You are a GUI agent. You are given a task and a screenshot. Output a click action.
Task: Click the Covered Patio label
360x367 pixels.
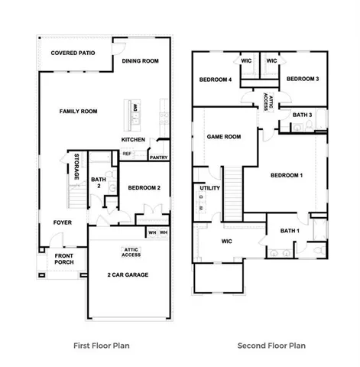(x=72, y=54)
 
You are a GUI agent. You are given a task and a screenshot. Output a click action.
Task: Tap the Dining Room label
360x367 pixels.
(x=140, y=61)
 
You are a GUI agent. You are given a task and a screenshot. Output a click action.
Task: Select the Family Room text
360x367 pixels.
(x=79, y=112)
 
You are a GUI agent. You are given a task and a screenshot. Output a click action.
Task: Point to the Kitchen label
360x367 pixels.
(x=134, y=139)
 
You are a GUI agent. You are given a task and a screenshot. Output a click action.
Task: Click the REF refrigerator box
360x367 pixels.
(x=128, y=154)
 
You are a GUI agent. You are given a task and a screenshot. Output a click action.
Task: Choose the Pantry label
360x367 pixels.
(x=158, y=158)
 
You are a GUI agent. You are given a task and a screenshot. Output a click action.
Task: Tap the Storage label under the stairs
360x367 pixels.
(x=76, y=167)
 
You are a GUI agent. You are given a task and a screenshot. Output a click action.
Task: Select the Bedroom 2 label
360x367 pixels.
(x=144, y=188)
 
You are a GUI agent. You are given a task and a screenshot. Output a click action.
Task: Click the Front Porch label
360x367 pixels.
(x=63, y=261)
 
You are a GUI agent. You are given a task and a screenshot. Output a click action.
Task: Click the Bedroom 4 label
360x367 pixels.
(x=216, y=80)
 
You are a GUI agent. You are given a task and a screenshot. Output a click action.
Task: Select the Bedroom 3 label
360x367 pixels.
(x=302, y=80)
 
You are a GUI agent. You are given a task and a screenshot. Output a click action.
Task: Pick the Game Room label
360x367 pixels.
(x=224, y=137)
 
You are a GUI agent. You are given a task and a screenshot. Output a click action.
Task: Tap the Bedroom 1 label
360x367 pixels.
(x=287, y=176)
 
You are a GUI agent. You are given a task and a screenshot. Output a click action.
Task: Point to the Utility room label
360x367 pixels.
(x=209, y=188)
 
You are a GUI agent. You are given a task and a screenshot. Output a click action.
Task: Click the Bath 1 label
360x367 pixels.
(x=289, y=231)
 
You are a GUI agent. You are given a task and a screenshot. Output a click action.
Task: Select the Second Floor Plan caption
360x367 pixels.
(x=271, y=346)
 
